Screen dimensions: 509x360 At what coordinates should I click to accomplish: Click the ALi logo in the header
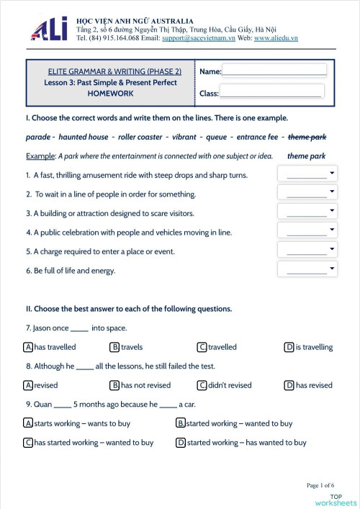coord(49,28)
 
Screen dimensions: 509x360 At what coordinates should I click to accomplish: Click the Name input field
coord(274,71)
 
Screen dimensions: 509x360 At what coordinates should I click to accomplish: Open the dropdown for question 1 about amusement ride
coord(307,174)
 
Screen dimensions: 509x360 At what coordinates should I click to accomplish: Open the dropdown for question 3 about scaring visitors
coord(307,212)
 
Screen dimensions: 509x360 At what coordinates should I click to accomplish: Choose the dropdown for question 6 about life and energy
coord(307,270)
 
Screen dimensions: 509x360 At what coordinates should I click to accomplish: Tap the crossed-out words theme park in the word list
coord(307,137)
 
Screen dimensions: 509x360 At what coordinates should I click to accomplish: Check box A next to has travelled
coord(29,347)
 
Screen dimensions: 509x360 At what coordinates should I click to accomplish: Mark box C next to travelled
coord(202,347)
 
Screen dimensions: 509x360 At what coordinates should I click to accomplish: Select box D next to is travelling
coord(289,347)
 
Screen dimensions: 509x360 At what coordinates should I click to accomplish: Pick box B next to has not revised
coord(114,385)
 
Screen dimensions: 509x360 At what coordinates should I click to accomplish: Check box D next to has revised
coord(289,385)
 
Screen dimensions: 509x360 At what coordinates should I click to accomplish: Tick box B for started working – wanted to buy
coord(181,423)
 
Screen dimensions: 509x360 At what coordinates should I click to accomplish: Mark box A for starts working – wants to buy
coord(29,423)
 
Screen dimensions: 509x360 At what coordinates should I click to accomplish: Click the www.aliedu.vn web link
coord(276,37)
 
